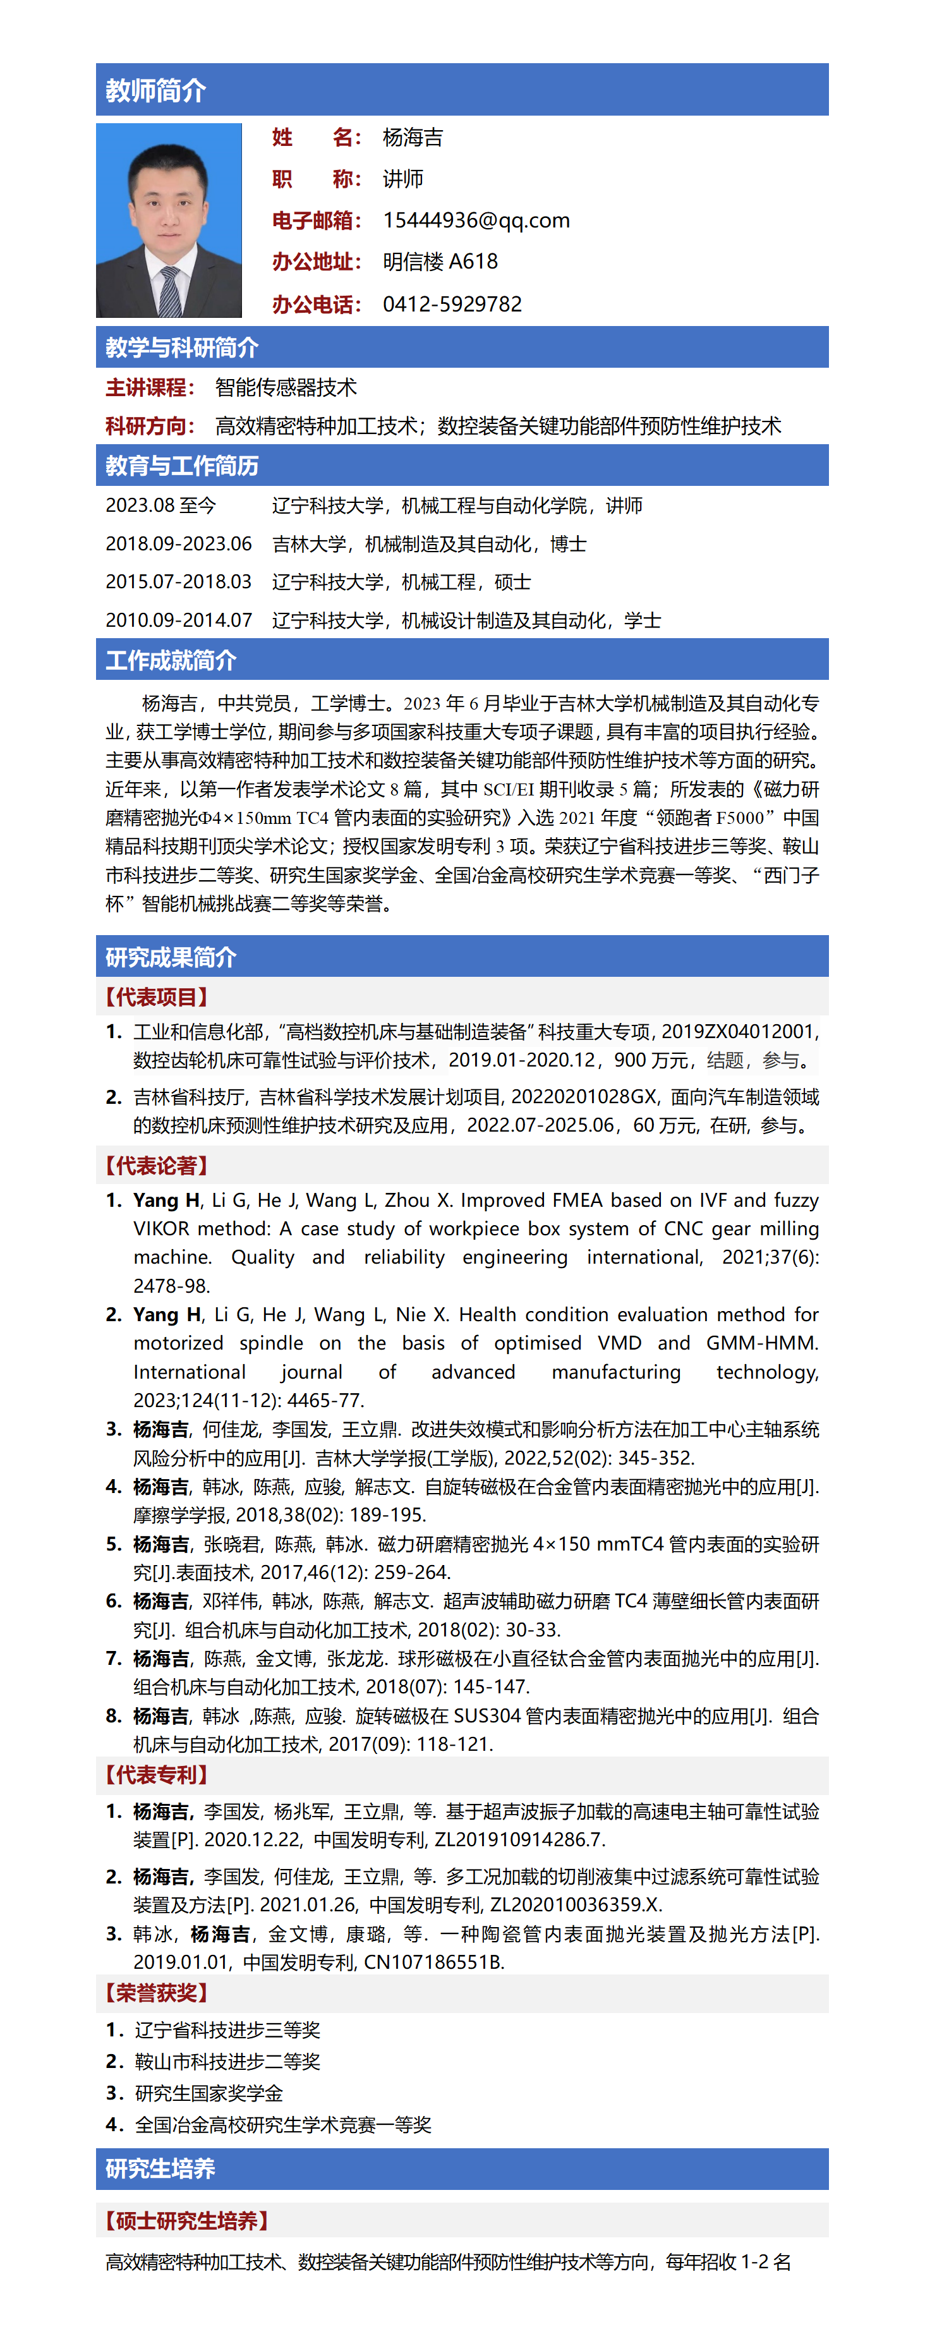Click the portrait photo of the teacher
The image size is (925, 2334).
(x=169, y=219)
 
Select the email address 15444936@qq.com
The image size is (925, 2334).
(x=476, y=220)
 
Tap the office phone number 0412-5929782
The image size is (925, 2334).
(x=452, y=303)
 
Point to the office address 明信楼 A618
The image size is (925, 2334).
(x=440, y=262)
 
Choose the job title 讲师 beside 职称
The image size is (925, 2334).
(x=403, y=178)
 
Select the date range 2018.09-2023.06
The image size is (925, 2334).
(x=178, y=543)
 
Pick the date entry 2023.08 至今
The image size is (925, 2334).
(x=160, y=505)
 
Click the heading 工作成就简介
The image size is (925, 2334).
(x=171, y=660)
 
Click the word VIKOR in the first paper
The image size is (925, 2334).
(x=160, y=1229)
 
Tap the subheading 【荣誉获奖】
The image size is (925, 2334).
(x=157, y=1992)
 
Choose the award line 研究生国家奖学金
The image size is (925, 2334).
(x=209, y=2093)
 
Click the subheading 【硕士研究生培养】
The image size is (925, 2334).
(x=186, y=2220)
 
